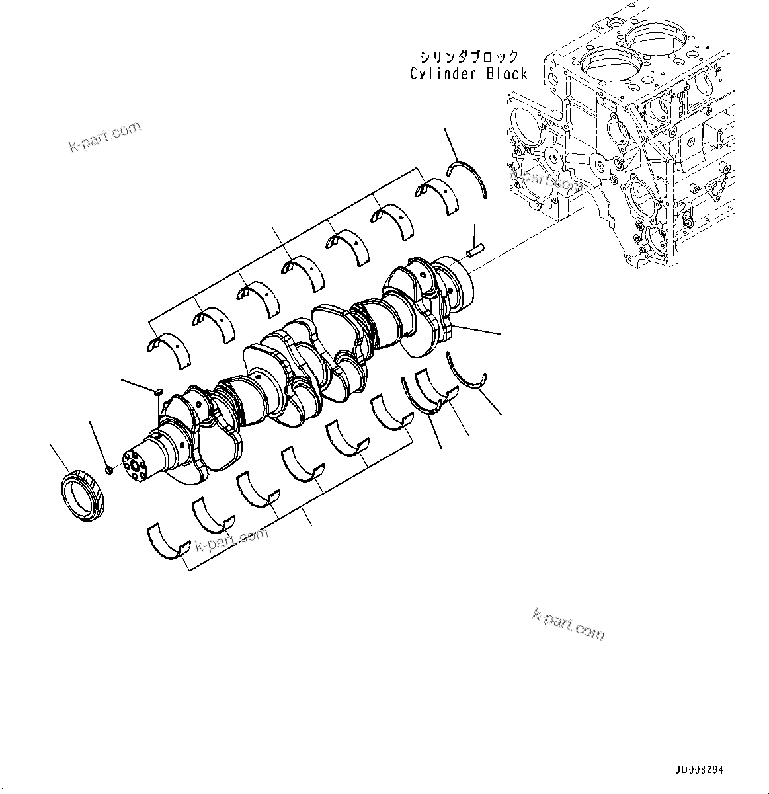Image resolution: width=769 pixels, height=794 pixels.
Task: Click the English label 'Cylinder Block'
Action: coord(468,73)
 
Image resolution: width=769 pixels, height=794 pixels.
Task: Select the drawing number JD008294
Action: coord(700,770)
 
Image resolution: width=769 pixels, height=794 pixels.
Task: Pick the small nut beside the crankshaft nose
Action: coord(110,470)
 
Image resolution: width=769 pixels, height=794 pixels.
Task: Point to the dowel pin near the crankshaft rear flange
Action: coord(474,251)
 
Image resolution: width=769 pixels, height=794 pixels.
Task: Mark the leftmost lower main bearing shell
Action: coord(167,539)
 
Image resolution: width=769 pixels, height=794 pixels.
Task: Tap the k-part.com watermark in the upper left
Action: coord(105,137)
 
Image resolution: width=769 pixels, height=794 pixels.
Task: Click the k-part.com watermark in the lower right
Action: coord(568,625)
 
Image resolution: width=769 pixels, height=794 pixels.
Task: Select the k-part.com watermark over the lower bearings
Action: coord(231,540)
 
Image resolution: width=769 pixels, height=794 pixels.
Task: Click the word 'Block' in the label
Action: coord(507,73)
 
